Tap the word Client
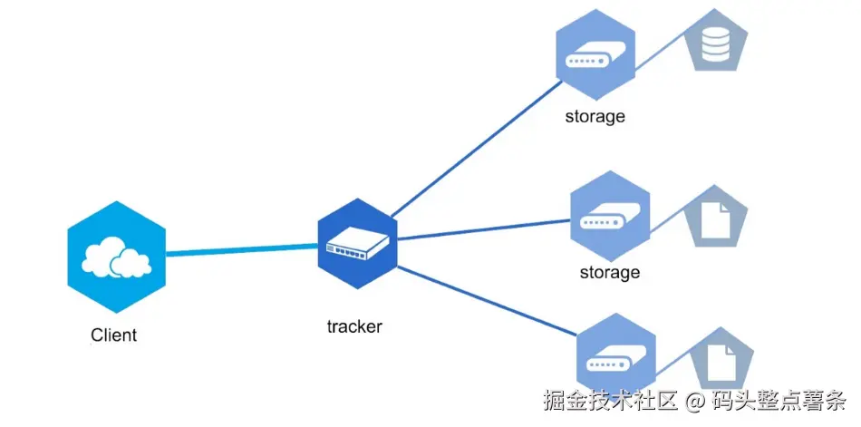pos(114,335)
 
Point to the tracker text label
pos(354,326)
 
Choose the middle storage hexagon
pos(610,219)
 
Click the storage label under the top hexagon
pos(595,116)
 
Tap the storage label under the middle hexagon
pos(610,272)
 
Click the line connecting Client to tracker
pos(240,249)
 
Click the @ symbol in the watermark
pos(694,400)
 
